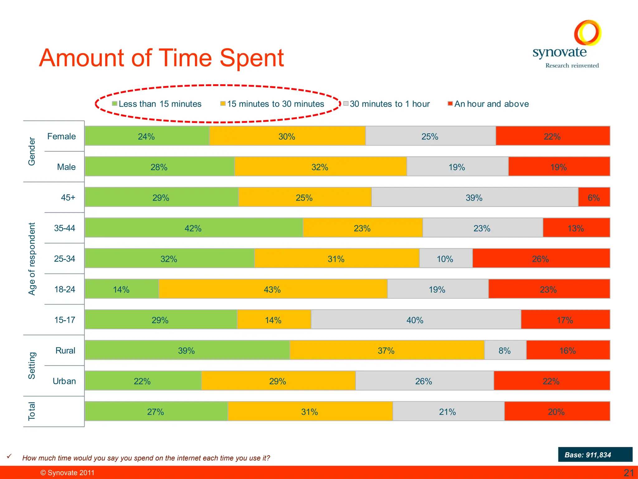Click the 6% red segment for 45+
(x=594, y=197)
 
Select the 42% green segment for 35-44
(x=193, y=228)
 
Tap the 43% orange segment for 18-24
(x=273, y=289)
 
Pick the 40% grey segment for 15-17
(x=415, y=320)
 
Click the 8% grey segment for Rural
(x=505, y=350)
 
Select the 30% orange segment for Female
(x=287, y=136)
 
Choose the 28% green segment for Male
(x=159, y=167)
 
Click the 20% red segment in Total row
(x=557, y=411)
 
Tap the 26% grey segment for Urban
(x=424, y=381)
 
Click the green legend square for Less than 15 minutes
(x=115, y=104)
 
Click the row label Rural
(x=65, y=351)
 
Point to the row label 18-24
(x=64, y=289)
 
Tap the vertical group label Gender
(x=32, y=151)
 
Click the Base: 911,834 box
(x=595, y=455)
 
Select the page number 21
(x=628, y=473)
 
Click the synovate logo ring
(x=588, y=32)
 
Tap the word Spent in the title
(x=251, y=58)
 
